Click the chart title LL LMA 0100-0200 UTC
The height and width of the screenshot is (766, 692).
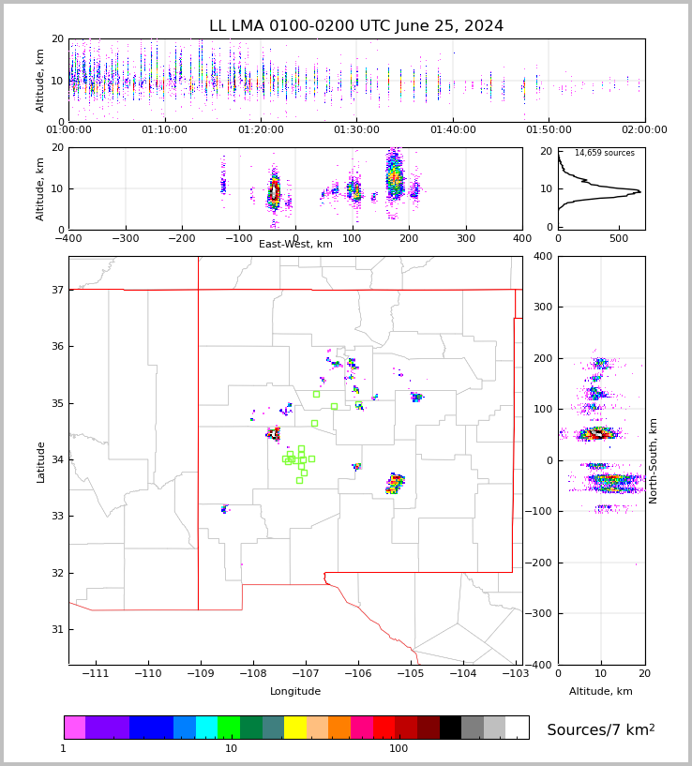pos(356,26)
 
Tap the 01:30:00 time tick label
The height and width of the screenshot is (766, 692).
pos(356,130)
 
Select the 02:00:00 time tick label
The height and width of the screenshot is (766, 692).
pos(644,130)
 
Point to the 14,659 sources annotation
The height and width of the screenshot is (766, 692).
pos(604,154)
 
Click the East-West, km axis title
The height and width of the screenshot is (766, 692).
pos(295,245)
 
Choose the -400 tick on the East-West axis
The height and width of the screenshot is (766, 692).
pos(68,238)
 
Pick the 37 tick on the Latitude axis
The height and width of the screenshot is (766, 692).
pos(56,291)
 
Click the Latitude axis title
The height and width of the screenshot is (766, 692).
pos(41,461)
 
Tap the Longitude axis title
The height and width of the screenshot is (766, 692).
pos(295,692)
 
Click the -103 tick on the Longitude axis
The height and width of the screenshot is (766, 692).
pos(514,674)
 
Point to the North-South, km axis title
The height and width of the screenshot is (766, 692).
pos(654,461)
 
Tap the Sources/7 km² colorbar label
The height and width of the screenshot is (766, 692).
pos(601,730)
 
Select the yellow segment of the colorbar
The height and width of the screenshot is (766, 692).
pos(295,728)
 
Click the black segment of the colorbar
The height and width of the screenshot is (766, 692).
pos(450,728)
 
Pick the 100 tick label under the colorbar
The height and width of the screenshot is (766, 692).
pos(399,749)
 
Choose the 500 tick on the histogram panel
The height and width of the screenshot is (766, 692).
pos(619,238)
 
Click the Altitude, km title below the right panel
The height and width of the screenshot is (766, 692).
pos(601,692)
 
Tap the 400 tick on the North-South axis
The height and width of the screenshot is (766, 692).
pos(542,257)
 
